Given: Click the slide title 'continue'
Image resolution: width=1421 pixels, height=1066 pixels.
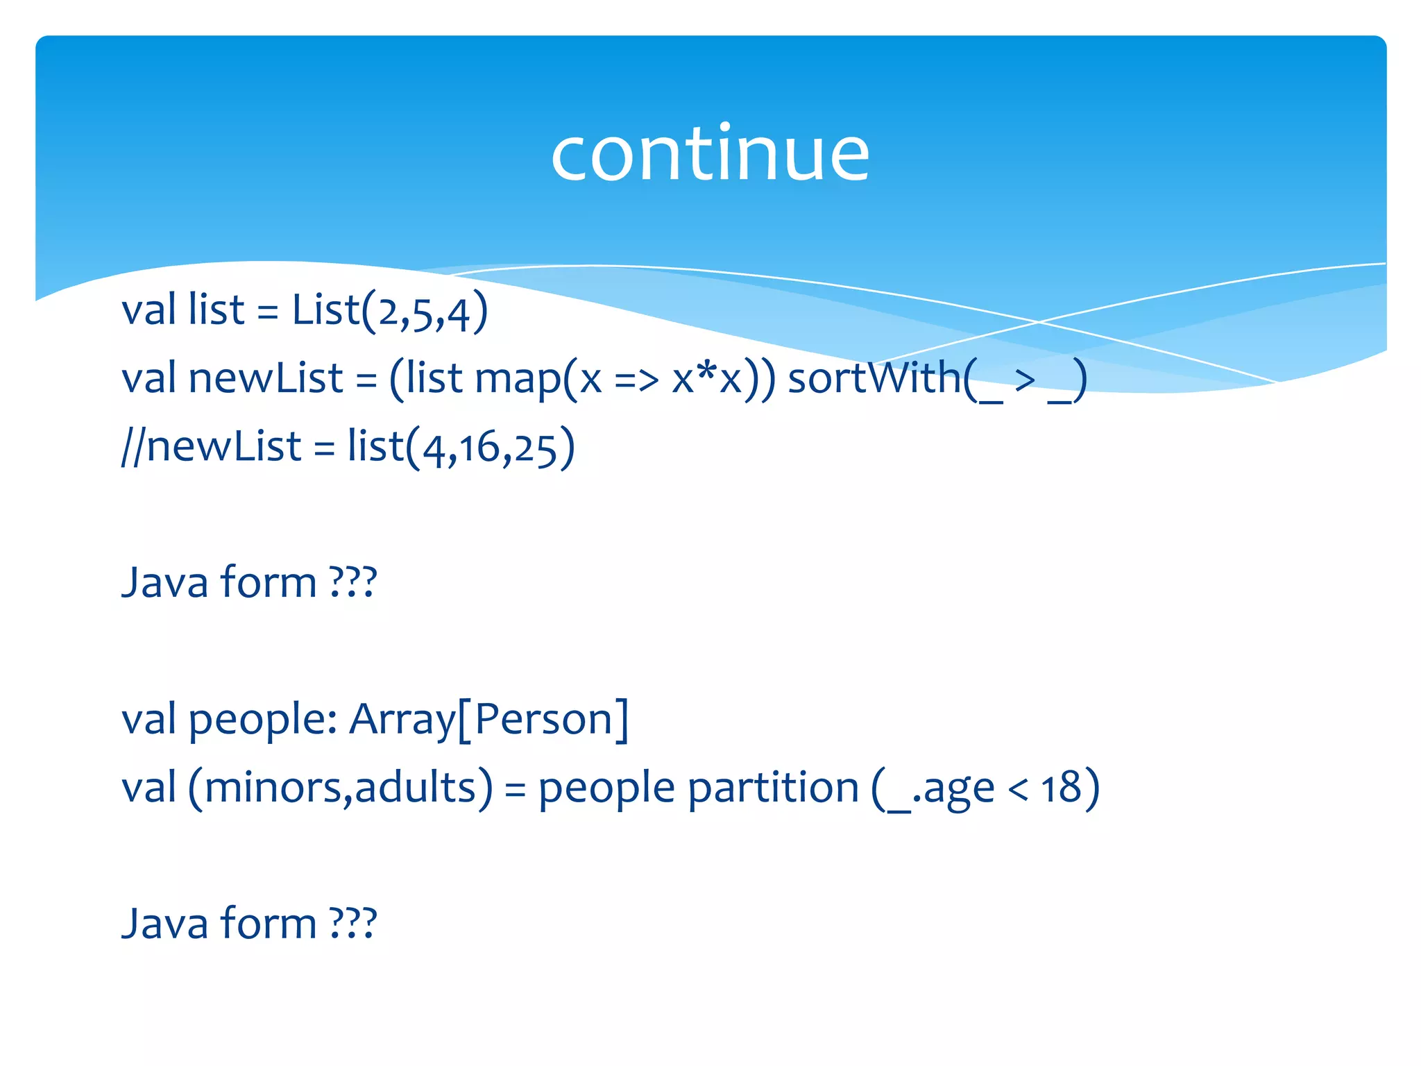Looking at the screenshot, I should tap(710, 154).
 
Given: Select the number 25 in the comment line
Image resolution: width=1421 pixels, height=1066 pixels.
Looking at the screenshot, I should tap(536, 448).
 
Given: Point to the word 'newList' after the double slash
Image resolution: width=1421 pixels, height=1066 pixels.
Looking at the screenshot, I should tap(223, 446).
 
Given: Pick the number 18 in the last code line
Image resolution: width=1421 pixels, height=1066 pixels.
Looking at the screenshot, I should tap(1061, 788).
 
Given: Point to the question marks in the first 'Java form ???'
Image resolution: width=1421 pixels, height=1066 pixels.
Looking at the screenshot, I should tap(353, 582).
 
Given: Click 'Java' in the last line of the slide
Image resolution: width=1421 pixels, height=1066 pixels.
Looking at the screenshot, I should tap(165, 924).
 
